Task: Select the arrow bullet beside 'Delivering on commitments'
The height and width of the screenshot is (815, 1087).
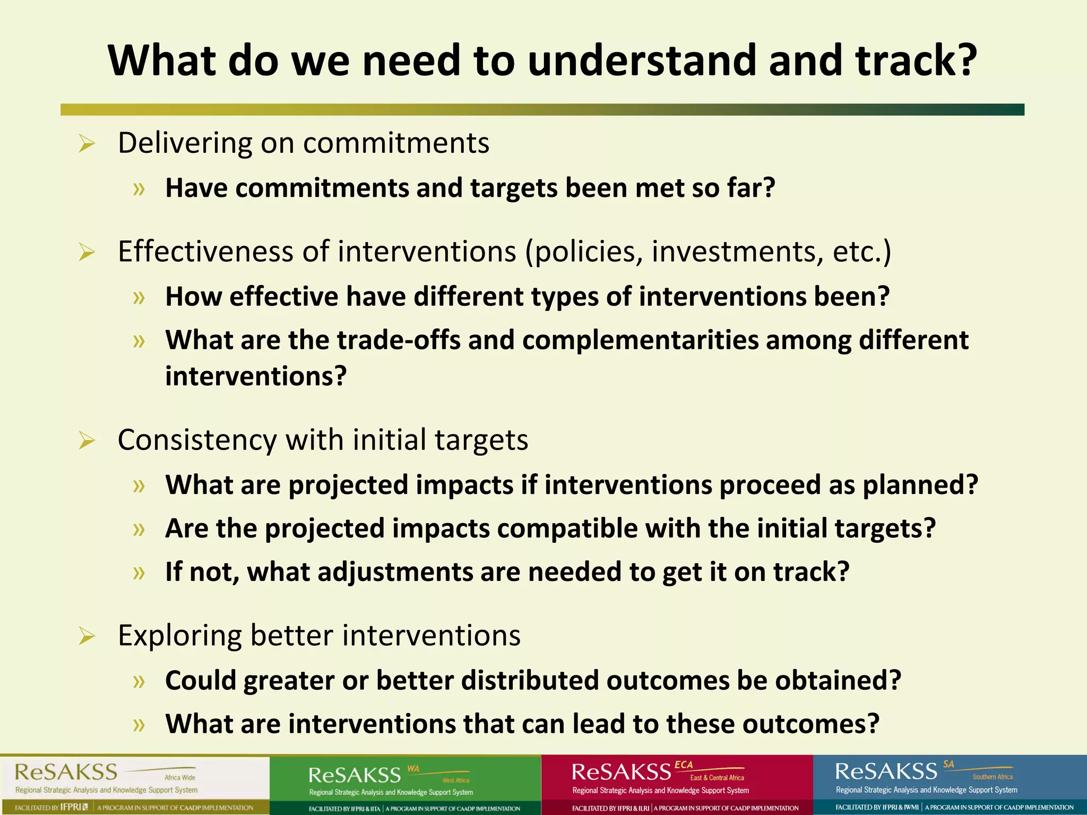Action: (87, 144)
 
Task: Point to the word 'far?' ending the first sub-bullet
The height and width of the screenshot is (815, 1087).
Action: (751, 188)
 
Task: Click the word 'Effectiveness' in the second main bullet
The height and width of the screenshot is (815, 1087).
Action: (205, 252)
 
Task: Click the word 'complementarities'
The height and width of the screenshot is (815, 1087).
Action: (640, 340)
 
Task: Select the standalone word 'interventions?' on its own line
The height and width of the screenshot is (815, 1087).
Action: (256, 376)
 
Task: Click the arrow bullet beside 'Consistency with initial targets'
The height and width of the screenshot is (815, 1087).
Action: (87, 440)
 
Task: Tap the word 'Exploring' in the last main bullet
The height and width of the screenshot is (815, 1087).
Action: (180, 636)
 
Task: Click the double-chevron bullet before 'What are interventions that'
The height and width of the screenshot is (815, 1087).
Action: (139, 725)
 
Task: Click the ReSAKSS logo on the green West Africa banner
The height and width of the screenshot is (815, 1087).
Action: (355, 775)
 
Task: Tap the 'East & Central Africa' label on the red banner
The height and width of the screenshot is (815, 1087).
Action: (717, 778)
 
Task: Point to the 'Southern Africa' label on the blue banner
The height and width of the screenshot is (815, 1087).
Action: (992, 777)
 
